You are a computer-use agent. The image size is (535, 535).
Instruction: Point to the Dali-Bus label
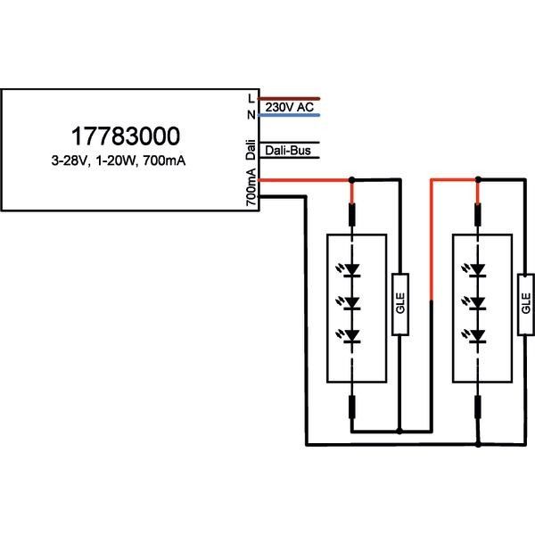tap(287, 152)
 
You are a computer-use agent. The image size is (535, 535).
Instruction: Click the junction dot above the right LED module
tap(479, 180)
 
